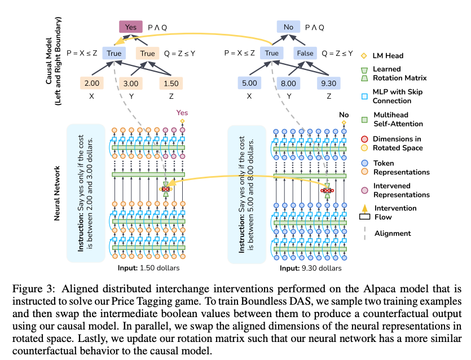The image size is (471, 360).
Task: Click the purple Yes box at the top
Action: coord(130,26)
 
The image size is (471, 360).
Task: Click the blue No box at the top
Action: coord(288,26)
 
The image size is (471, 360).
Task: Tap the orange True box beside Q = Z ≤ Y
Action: coord(147,54)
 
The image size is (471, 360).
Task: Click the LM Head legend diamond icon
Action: coord(364,55)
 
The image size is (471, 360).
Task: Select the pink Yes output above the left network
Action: coord(182,112)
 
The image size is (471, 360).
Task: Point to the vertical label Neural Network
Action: coord(58,192)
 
